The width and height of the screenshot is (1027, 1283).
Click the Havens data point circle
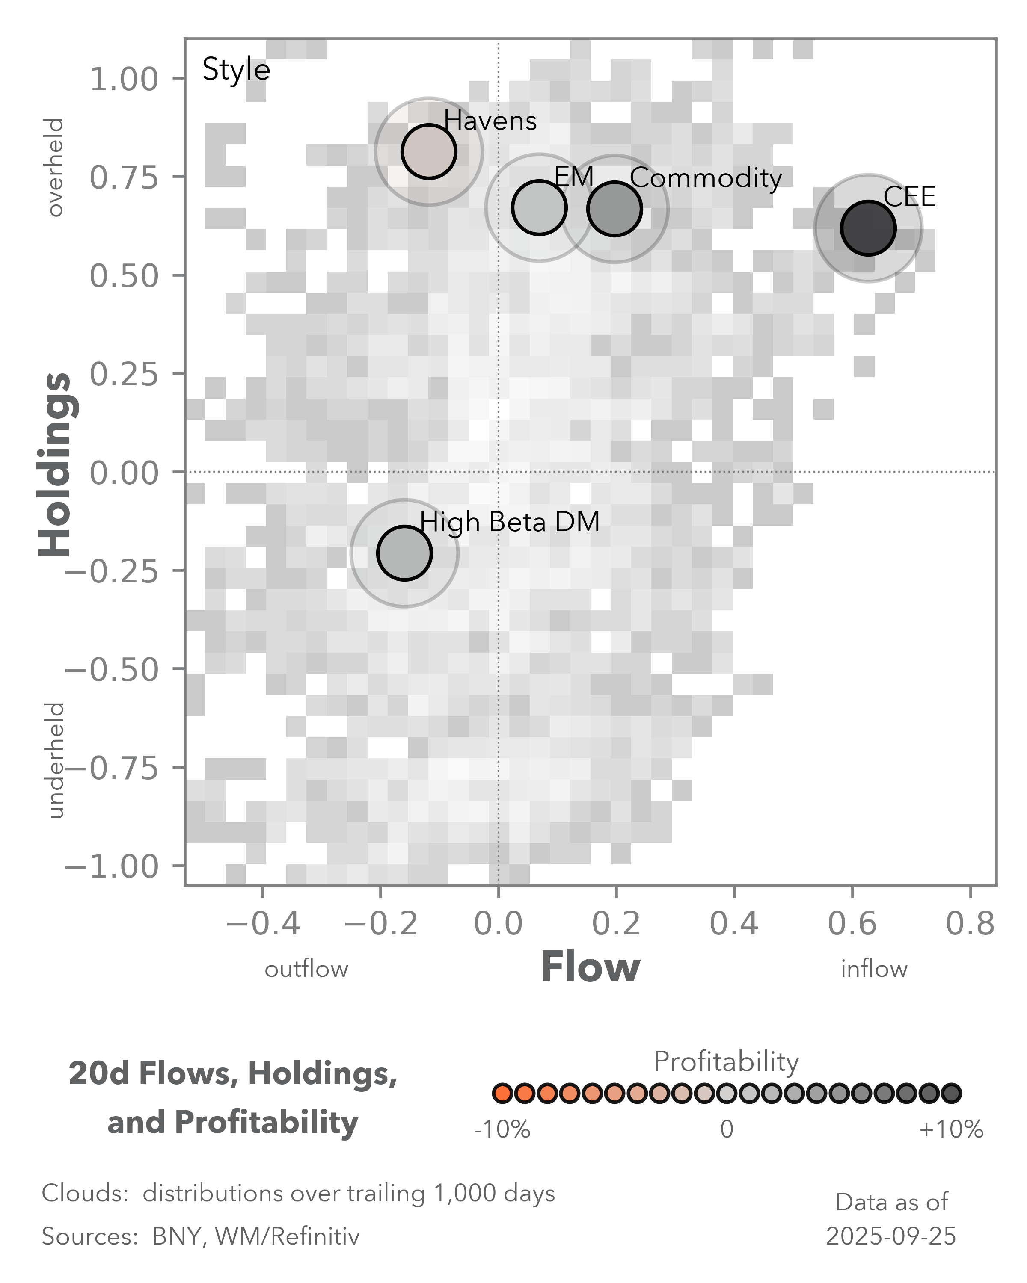pyautogui.click(x=429, y=151)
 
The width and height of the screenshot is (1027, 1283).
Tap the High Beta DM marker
pyautogui.click(x=404, y=553)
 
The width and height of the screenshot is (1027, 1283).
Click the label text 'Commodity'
pyautogui.click(x=706, y=178)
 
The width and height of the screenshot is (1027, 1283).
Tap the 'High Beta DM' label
pyautogui.click(x=510, y=522)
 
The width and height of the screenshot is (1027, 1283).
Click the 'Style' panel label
pyautogui.click(x=236, y=70)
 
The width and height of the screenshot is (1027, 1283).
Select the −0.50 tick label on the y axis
pyautogui.click(x=112, y=669)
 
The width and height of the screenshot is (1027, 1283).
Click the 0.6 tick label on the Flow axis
pyautogui.click(x=852, y=924)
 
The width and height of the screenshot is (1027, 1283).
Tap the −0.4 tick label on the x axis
pyautogui.click(x=263, y=924)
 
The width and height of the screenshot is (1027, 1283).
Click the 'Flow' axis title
pyautogui.click(x=590, y=967)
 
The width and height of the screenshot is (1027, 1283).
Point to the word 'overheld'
pyautogui.click(x=55, y=167)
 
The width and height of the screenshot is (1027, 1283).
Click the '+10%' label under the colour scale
pyautogui.click(x=951, y=1129)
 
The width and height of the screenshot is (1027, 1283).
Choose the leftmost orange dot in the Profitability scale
pyautogui.click(x=502, y=1093)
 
